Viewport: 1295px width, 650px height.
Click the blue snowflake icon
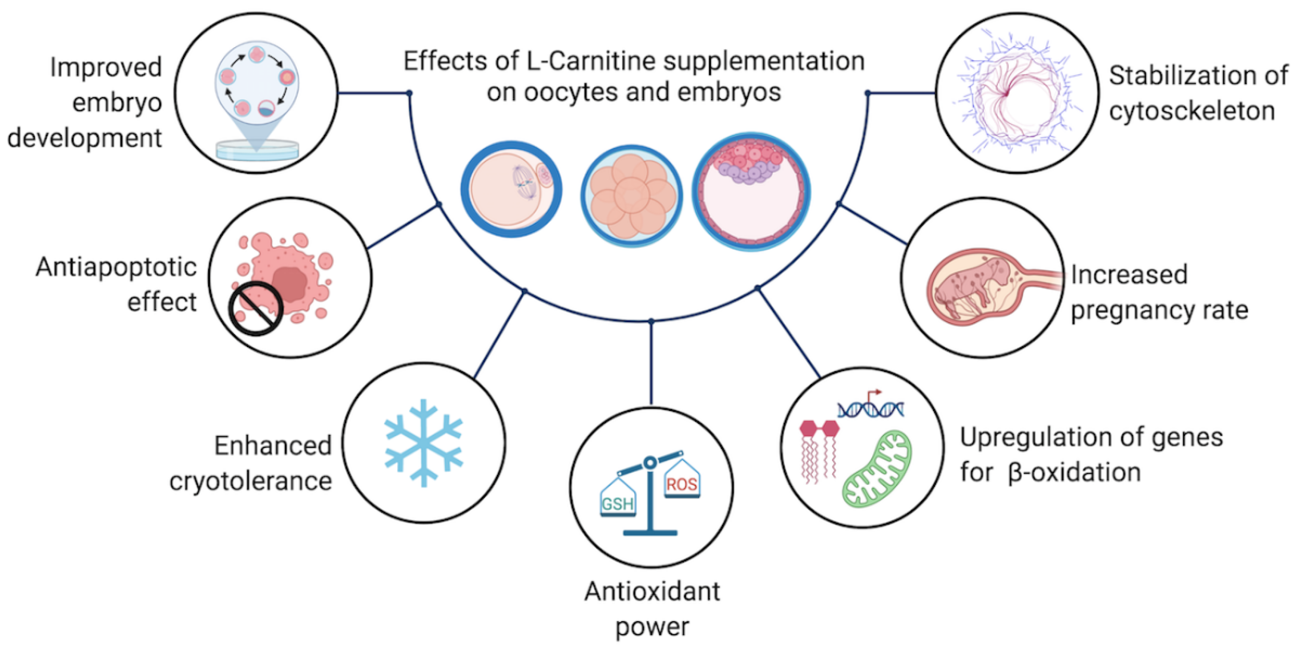423,443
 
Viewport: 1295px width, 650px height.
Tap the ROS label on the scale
682,484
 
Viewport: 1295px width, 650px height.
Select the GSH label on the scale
618,504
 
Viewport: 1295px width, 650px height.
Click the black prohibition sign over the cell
256,308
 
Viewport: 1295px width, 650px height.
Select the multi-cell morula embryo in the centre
632,196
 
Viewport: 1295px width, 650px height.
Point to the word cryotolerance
250,482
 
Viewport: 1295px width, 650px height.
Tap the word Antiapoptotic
116,267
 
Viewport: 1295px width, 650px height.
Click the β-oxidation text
1074,473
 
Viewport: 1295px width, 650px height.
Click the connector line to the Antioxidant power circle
651,362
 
